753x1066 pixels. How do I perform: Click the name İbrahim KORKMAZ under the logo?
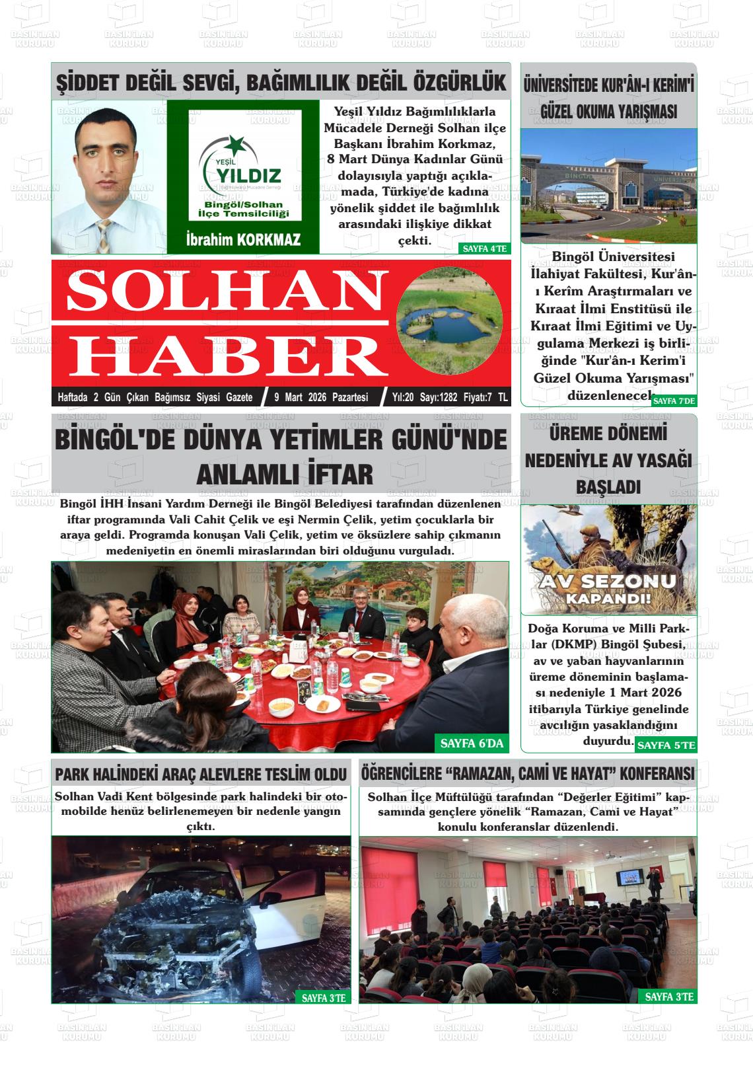[x=243, y=240]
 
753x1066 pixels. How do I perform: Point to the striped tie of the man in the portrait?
[x=104, y=235]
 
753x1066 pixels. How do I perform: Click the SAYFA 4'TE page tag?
[x=484, y=248]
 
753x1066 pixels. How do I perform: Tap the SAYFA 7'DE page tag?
[x=674, y=400]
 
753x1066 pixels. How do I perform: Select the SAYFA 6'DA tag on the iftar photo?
[x=472, y=743]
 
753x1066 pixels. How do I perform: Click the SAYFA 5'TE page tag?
[x=666, y=745]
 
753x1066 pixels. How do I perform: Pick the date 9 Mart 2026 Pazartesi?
[x=321, y=397]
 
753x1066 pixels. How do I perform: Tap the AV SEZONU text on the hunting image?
[x=608, y=582]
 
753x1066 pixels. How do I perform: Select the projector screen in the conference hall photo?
[x=631, y=878]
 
